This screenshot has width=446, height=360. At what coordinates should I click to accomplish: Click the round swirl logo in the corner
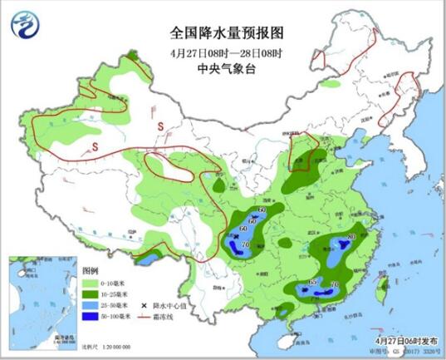pyautogui.click(x=25, y=24)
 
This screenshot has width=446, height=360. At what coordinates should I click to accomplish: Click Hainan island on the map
pyautogui.click(x=290, y=339)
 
